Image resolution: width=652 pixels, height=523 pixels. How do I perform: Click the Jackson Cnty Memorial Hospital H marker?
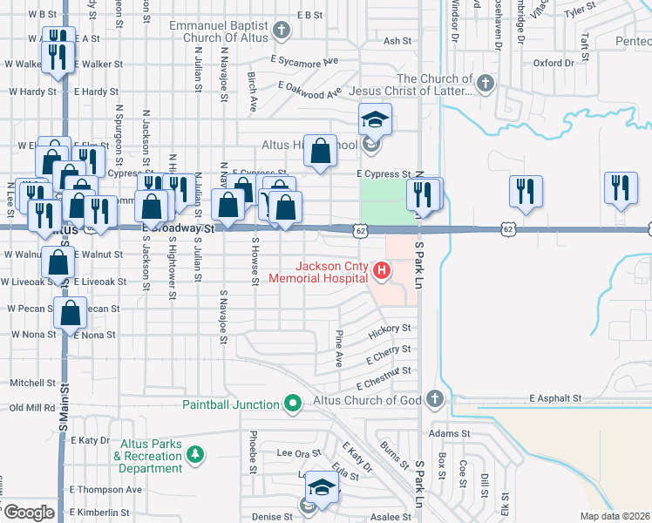[x=381, y=271]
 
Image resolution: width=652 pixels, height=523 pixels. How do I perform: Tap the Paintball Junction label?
[x=230, y=404]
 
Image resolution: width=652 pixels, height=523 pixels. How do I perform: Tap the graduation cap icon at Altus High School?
[x=375, y=119]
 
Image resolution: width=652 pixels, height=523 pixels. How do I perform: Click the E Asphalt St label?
[x=555, y=398]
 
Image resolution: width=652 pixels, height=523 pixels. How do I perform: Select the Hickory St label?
[x=390, y=329]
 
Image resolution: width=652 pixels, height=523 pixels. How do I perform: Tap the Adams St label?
[x=450, y=432]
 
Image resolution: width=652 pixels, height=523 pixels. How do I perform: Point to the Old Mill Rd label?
[x=32, y=407]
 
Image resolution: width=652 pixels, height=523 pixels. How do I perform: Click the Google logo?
[x=29, y=513]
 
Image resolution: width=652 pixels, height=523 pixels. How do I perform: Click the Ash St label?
[x=397, y=41]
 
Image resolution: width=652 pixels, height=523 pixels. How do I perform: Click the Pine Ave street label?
[x=339, y=348]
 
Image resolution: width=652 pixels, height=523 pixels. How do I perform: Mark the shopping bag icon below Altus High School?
[x=321, y=151]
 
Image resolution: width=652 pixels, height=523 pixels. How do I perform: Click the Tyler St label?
[x=578, y=12]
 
